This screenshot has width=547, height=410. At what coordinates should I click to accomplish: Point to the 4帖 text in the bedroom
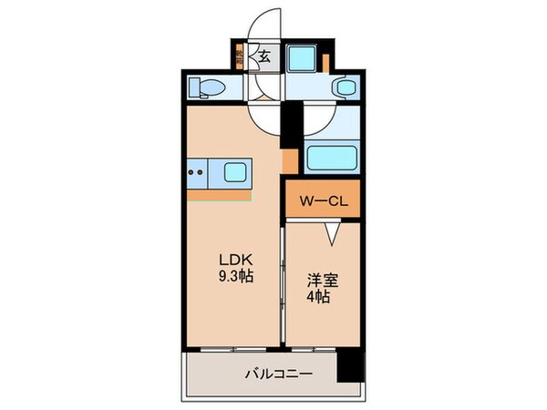point(318,297)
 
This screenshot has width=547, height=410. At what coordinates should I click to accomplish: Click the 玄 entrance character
point(264,56)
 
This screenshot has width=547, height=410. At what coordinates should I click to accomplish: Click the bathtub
point(330,157)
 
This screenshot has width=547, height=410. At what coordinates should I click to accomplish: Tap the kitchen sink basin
point(234,170)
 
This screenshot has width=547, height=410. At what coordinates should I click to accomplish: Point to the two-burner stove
point(198,169)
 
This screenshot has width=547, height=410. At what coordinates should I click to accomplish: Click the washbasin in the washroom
point(344,87)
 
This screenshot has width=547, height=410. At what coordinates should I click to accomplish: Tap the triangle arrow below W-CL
point(329,235)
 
